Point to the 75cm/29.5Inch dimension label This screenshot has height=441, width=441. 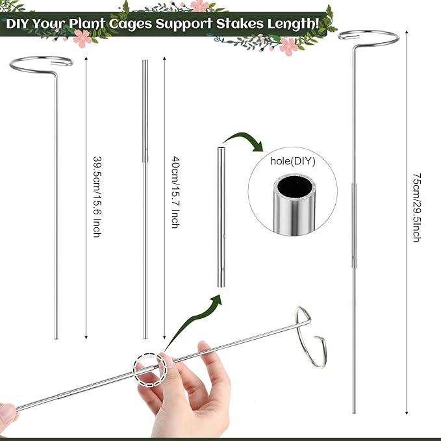point(416,208)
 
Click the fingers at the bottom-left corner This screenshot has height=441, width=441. point(8,413)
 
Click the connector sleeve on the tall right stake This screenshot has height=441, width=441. point(354,224)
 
